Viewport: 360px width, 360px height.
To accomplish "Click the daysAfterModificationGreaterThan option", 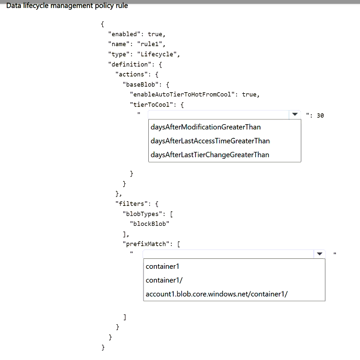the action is tap(205, 127).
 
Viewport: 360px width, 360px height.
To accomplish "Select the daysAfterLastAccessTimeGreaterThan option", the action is tap(210, 141).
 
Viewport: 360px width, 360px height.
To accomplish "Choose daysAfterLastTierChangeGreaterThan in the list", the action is tap(210, 155).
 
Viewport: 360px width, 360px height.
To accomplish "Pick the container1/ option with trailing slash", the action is tap(164, 280).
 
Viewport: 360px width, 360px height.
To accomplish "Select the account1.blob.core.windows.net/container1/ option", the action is tap(216, 294).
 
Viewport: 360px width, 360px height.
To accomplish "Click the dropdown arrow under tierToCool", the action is tap(295, 114).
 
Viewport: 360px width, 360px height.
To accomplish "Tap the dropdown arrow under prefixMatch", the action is tap(319, 254).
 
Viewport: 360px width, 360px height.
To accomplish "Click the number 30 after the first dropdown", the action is tap(320, 115).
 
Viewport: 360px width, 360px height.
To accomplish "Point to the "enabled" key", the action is tap(124, 34).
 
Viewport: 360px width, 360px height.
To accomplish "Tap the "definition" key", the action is tap(130, 64).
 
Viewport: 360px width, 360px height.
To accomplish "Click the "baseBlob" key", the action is tap(141, 84).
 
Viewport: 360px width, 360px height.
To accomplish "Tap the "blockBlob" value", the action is tap(149, 224).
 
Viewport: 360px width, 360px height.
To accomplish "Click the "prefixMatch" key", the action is tap(146, 244).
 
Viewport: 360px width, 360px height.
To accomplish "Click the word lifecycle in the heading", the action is tap(36, 6).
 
